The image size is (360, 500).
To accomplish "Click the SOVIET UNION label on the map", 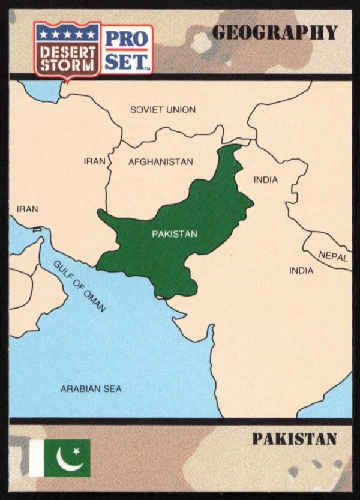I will click(x=163, y=110).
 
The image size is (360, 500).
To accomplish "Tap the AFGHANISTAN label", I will click(x=160, y=162).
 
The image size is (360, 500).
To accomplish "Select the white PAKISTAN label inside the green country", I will click(x=174, y=234).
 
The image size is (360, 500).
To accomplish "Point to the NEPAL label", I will click(x=333, y=256).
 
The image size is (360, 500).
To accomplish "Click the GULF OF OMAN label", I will click(x=79, y=286).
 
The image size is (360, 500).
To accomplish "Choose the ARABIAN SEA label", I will click(x=91, y=389).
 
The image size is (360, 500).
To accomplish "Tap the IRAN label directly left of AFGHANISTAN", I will click(x=94, y=161).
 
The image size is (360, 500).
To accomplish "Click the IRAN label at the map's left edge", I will click(x=27, y=209).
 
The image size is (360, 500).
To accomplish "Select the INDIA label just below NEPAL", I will click(x=301, y=271).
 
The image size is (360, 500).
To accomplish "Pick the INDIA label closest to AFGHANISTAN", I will click(x=265, y=179).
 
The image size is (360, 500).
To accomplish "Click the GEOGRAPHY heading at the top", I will click(x=275, y=33).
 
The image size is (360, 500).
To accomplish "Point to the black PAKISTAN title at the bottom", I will click(x=294, y=439).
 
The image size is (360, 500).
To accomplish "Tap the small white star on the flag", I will click(x=76, y=451).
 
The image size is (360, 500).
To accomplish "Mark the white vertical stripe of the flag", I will click(x=37, y=458).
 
